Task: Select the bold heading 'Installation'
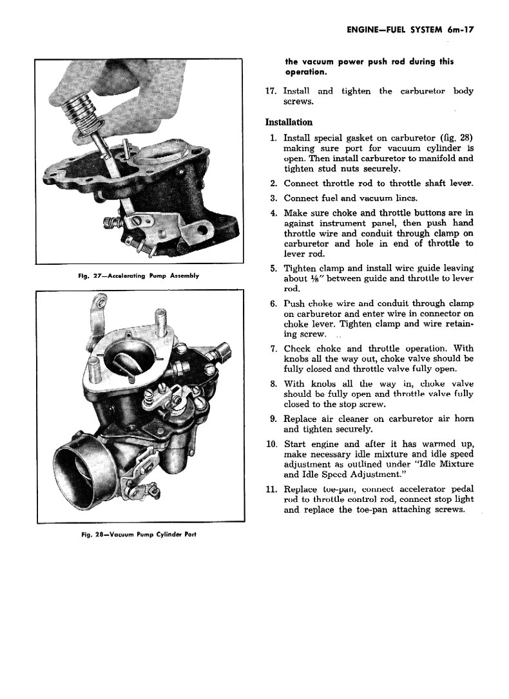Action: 289,122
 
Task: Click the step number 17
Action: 271,91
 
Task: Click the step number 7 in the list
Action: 274,348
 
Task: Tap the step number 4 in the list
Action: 274,213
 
